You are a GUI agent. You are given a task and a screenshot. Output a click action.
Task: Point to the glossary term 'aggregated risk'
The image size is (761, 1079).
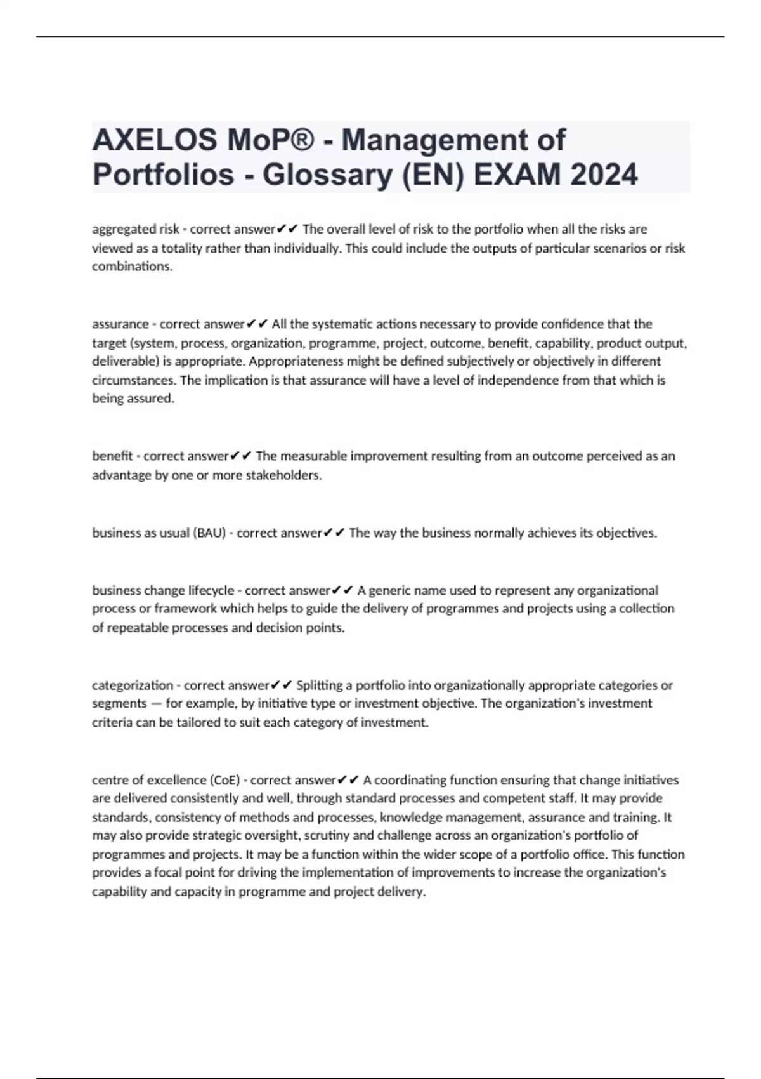coord(135,229)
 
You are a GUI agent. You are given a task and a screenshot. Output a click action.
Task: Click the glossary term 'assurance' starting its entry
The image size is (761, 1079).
coord(120,324)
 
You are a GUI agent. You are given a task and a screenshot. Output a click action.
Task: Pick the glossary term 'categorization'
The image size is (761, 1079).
coord(133,685)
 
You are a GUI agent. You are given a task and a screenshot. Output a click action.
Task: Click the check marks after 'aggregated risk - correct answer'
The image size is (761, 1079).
coord(287,229)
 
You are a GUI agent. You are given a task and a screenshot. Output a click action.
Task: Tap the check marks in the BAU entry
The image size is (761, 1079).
coord(334,533)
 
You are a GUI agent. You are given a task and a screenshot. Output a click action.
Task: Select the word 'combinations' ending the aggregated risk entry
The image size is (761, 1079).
coord(132,267)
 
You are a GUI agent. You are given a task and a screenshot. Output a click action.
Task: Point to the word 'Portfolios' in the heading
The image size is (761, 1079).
coord(163,175)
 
